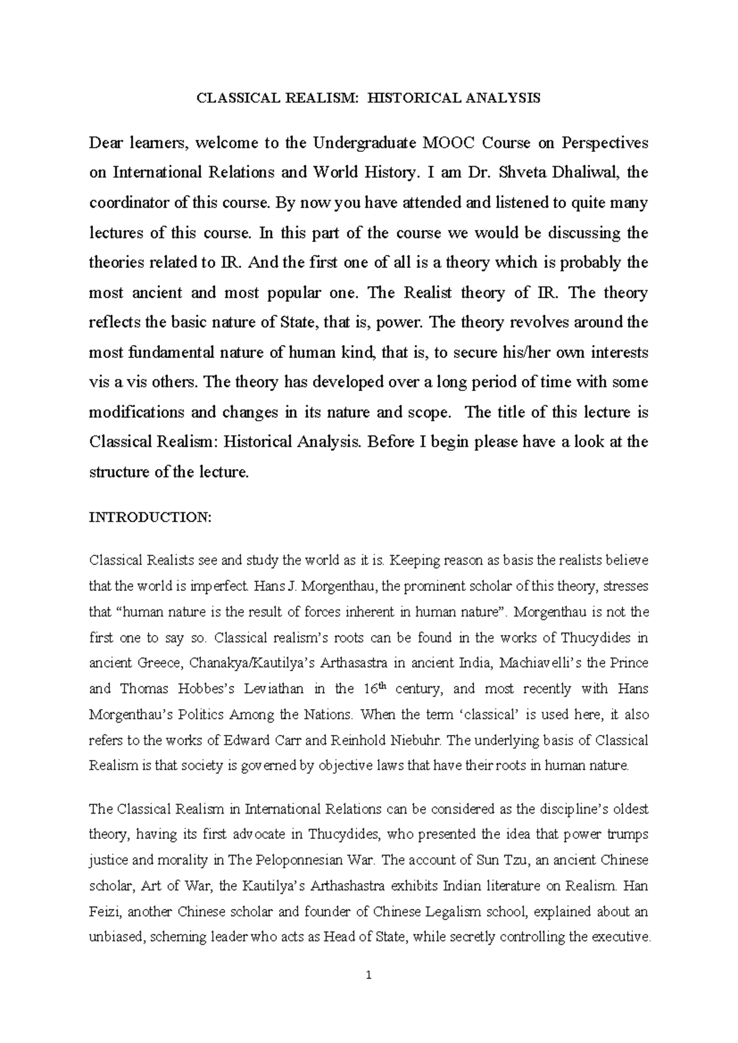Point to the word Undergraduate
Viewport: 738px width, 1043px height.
[x=365, y=143]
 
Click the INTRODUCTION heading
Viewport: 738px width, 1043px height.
[x=150, y=518]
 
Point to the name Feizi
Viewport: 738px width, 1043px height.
[x=106, y=911]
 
